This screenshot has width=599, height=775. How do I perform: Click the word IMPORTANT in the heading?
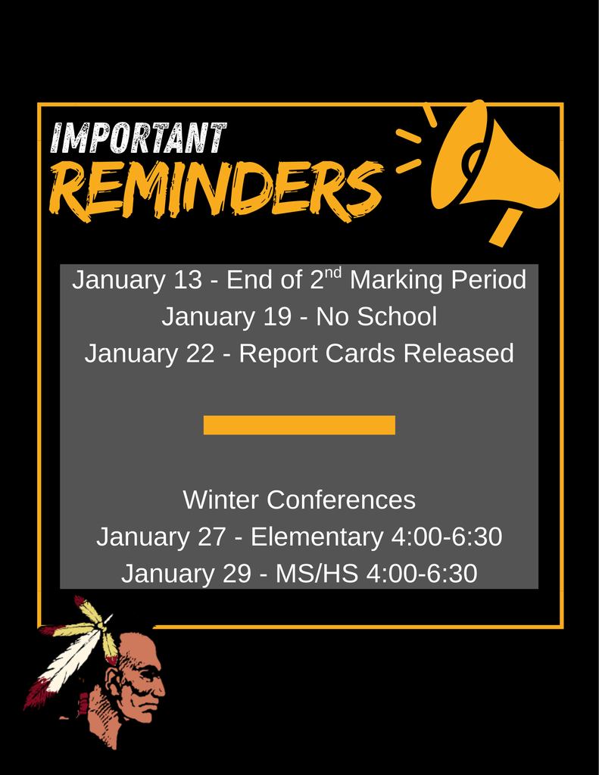pos(139,138)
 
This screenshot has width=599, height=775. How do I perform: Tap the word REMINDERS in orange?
pos(216,190)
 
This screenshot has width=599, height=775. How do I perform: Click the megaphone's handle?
pos(506,227)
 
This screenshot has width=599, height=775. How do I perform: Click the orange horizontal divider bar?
pos(299,425)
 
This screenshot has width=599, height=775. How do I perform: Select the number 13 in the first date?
pos(188,280)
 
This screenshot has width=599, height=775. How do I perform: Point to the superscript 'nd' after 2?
pos(333,272)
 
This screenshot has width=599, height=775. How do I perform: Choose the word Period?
pos(488,280)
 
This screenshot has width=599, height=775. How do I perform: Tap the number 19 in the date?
pos(277,317)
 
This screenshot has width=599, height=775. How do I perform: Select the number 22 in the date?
pos(201,354)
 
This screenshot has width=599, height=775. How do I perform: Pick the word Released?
pos(458,353)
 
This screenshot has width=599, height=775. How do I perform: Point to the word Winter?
pos(220,500)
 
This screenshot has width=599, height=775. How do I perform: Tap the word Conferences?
pos(342,500)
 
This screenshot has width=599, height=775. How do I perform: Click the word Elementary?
pos(317,537)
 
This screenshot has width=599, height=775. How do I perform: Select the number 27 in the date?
pos(212,537)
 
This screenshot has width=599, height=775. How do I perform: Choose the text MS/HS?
pos(317,574)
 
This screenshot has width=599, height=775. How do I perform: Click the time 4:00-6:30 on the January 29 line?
pos(422,574)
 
